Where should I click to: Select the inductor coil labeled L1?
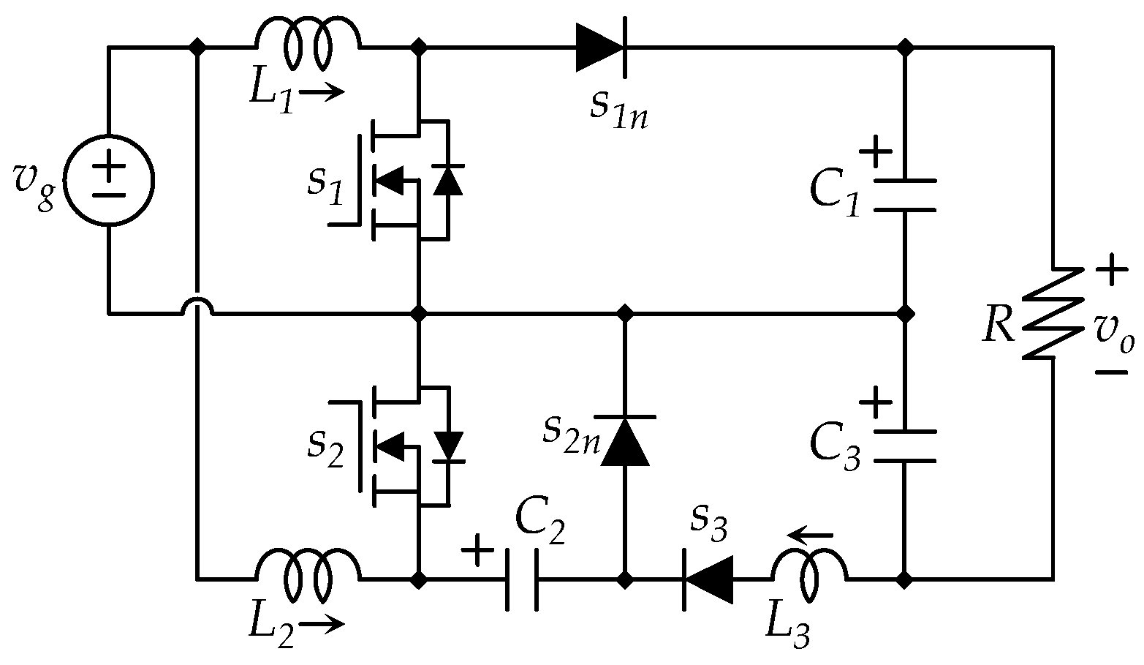coord(308,43)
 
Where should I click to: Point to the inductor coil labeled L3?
coord(808,575)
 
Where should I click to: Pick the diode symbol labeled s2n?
coord(624,441)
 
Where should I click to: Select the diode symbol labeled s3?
coord(708,580)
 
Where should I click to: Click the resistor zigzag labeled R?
coord(1053,313)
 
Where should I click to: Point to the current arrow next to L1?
coord(322,92)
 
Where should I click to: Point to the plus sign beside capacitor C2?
coord(477,550)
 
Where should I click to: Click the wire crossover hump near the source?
coord(197,304)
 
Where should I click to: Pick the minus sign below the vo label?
coord(1111,372)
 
